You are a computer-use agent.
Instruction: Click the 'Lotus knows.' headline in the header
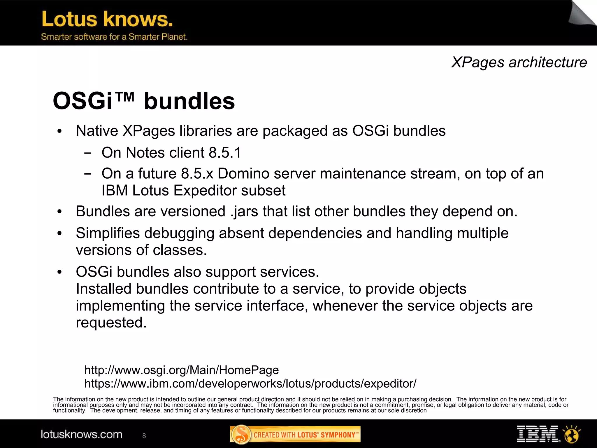107,19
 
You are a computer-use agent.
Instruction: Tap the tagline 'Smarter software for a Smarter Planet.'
114,37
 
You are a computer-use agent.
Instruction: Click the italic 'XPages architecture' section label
519,62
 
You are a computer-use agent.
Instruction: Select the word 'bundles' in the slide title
189,101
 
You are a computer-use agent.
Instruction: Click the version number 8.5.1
225,153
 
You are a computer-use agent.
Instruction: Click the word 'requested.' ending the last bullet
111,323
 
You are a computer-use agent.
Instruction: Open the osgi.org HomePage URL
181,370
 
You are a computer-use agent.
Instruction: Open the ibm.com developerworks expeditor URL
250,383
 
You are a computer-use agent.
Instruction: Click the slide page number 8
144,436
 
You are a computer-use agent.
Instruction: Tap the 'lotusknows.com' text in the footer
81,434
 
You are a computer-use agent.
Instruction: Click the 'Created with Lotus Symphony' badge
295,435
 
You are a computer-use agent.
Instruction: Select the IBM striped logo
538,434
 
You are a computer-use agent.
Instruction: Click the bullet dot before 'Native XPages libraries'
59,131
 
